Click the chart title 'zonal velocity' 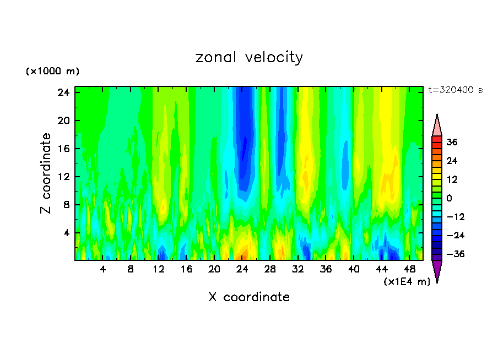[249, 57]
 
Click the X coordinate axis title [249, 297]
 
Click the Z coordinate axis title [46, 173]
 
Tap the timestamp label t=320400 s [455, 90]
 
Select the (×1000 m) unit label [52, 72]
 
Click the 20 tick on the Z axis [63, 121]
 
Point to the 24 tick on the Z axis [63, 92]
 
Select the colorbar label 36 [452, 142]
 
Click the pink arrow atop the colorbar [437, 126]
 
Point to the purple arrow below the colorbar [437, 271]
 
